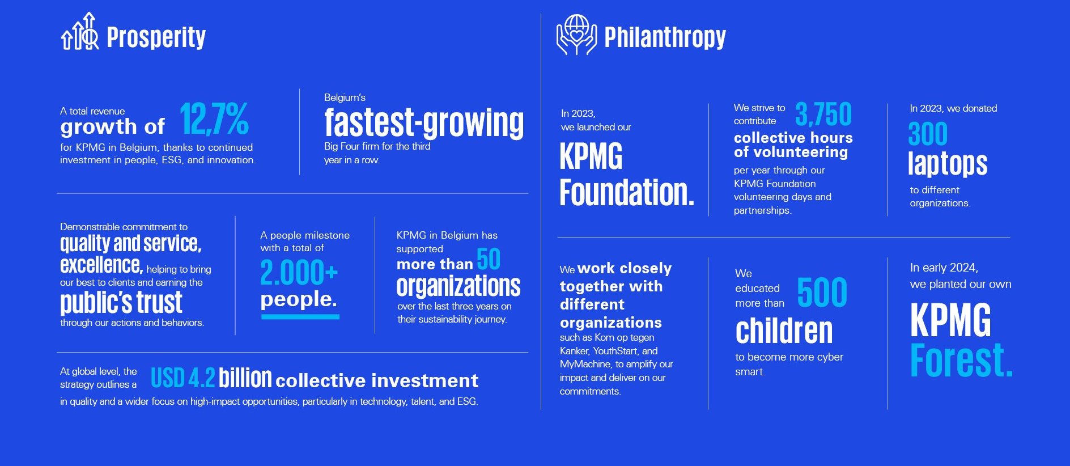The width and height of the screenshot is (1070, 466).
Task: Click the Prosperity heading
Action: [156, 37]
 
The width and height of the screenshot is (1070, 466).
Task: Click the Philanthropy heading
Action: [665, 37]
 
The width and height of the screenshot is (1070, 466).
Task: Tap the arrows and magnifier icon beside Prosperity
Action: [79, 31]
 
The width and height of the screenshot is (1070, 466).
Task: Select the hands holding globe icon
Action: [576, 35]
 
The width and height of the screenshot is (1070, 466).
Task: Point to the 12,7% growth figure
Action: [214, 118]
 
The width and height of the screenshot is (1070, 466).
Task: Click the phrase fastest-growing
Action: [424, 122]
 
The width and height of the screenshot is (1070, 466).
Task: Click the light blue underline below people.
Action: [300, 316]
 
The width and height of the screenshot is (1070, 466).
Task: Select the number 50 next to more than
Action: [489, 259]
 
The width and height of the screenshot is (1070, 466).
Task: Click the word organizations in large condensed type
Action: [458, 286]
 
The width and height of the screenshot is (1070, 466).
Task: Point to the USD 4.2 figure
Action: [182, 378]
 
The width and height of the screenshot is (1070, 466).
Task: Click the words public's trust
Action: [121, 302]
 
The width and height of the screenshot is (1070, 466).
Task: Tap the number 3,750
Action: [823, 114]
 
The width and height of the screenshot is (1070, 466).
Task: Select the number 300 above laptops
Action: [928, 134]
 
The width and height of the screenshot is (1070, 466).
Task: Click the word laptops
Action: [948, 164]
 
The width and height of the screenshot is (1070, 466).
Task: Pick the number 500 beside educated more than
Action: [822, 293]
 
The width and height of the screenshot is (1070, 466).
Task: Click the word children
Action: [784, 331]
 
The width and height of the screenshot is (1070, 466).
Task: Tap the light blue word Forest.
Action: [961, 360]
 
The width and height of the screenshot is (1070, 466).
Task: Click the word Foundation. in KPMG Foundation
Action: [627, 193]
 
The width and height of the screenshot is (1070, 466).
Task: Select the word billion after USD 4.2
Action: [245, 378]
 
